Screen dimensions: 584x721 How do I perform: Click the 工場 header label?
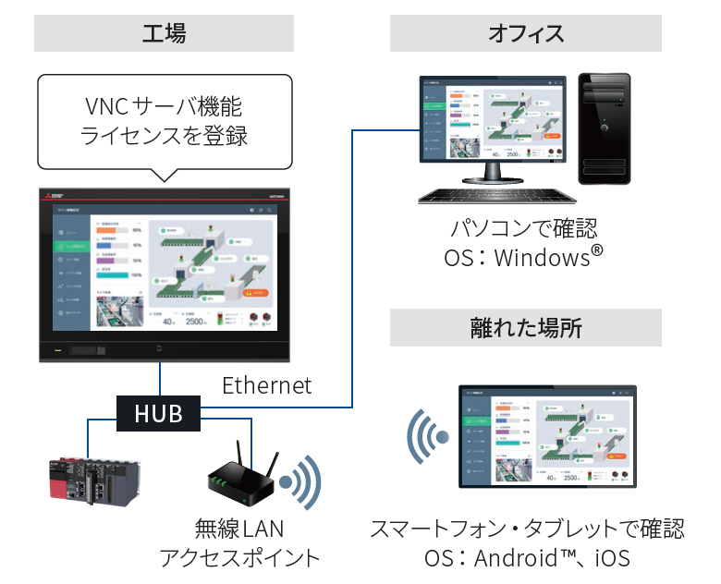[164, 34]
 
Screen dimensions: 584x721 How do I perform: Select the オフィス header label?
[525, 34]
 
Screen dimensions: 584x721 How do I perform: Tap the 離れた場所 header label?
[525, 327]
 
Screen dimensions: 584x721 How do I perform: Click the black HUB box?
[158, 413]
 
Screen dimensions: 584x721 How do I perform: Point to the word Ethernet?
[267, 384]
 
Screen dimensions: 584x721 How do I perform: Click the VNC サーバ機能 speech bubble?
[164, 121]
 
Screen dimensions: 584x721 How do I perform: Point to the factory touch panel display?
[164, 275]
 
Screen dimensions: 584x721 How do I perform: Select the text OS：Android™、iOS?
[526, 558]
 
